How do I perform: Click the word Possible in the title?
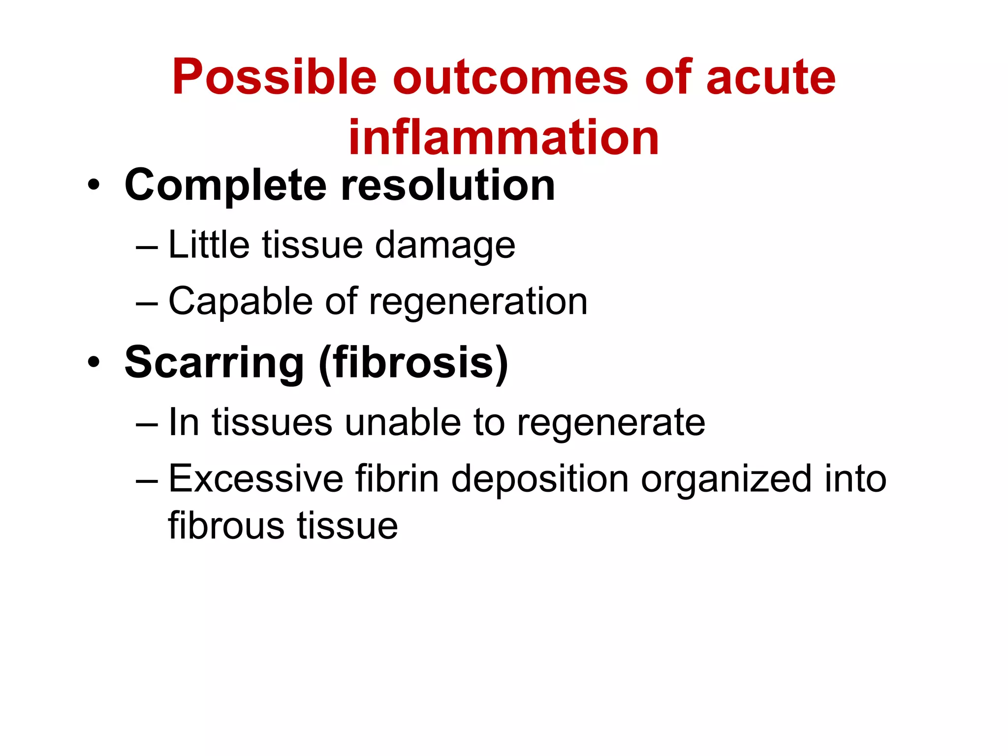pyautogui.click(x=274, y=78)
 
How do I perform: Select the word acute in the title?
pyautogui.click(x=770, y=78)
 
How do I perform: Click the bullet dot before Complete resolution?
pyautogui.click(x=94, y=186)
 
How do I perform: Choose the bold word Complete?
pyautogui.click(x=225, y=186)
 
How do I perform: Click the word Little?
pyautogui.click(x=209, y=245)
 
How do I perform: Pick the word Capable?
pyautogui.click(x=240, y=301)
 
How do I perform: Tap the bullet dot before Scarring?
pyautogui.click(x=94, y=363)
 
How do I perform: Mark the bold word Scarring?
pyautogui.click(x=214, y=363)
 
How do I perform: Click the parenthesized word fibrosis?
pyautogui.click(x=413, y=363)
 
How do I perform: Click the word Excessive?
pyautogui.click(x=256, y=478)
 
